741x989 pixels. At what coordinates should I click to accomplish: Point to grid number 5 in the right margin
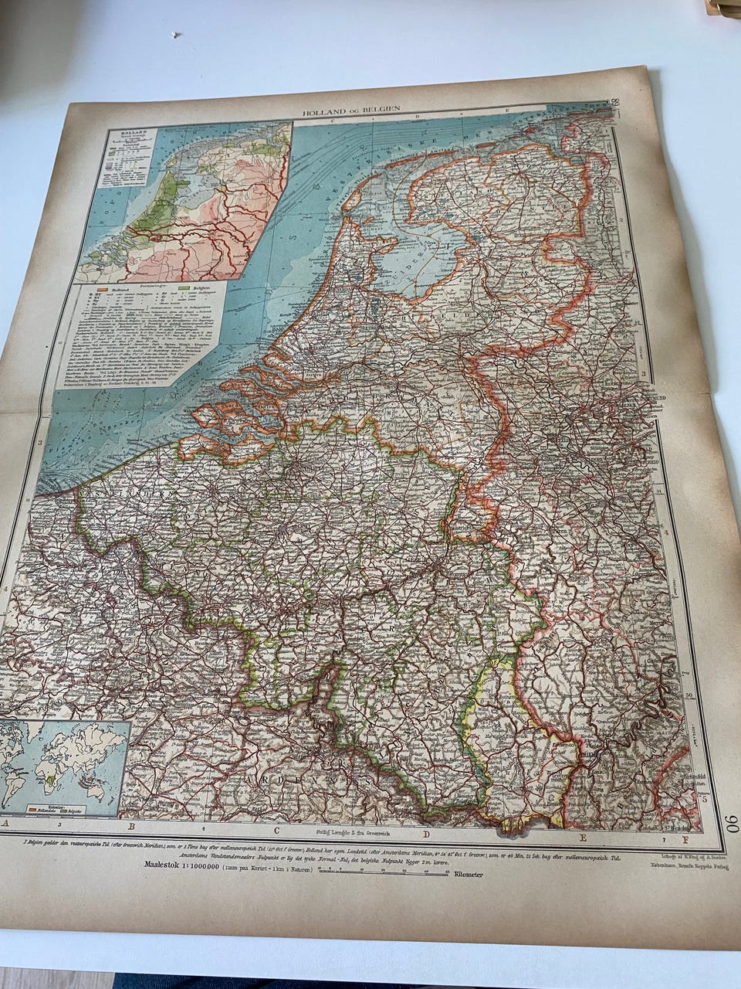700,797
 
